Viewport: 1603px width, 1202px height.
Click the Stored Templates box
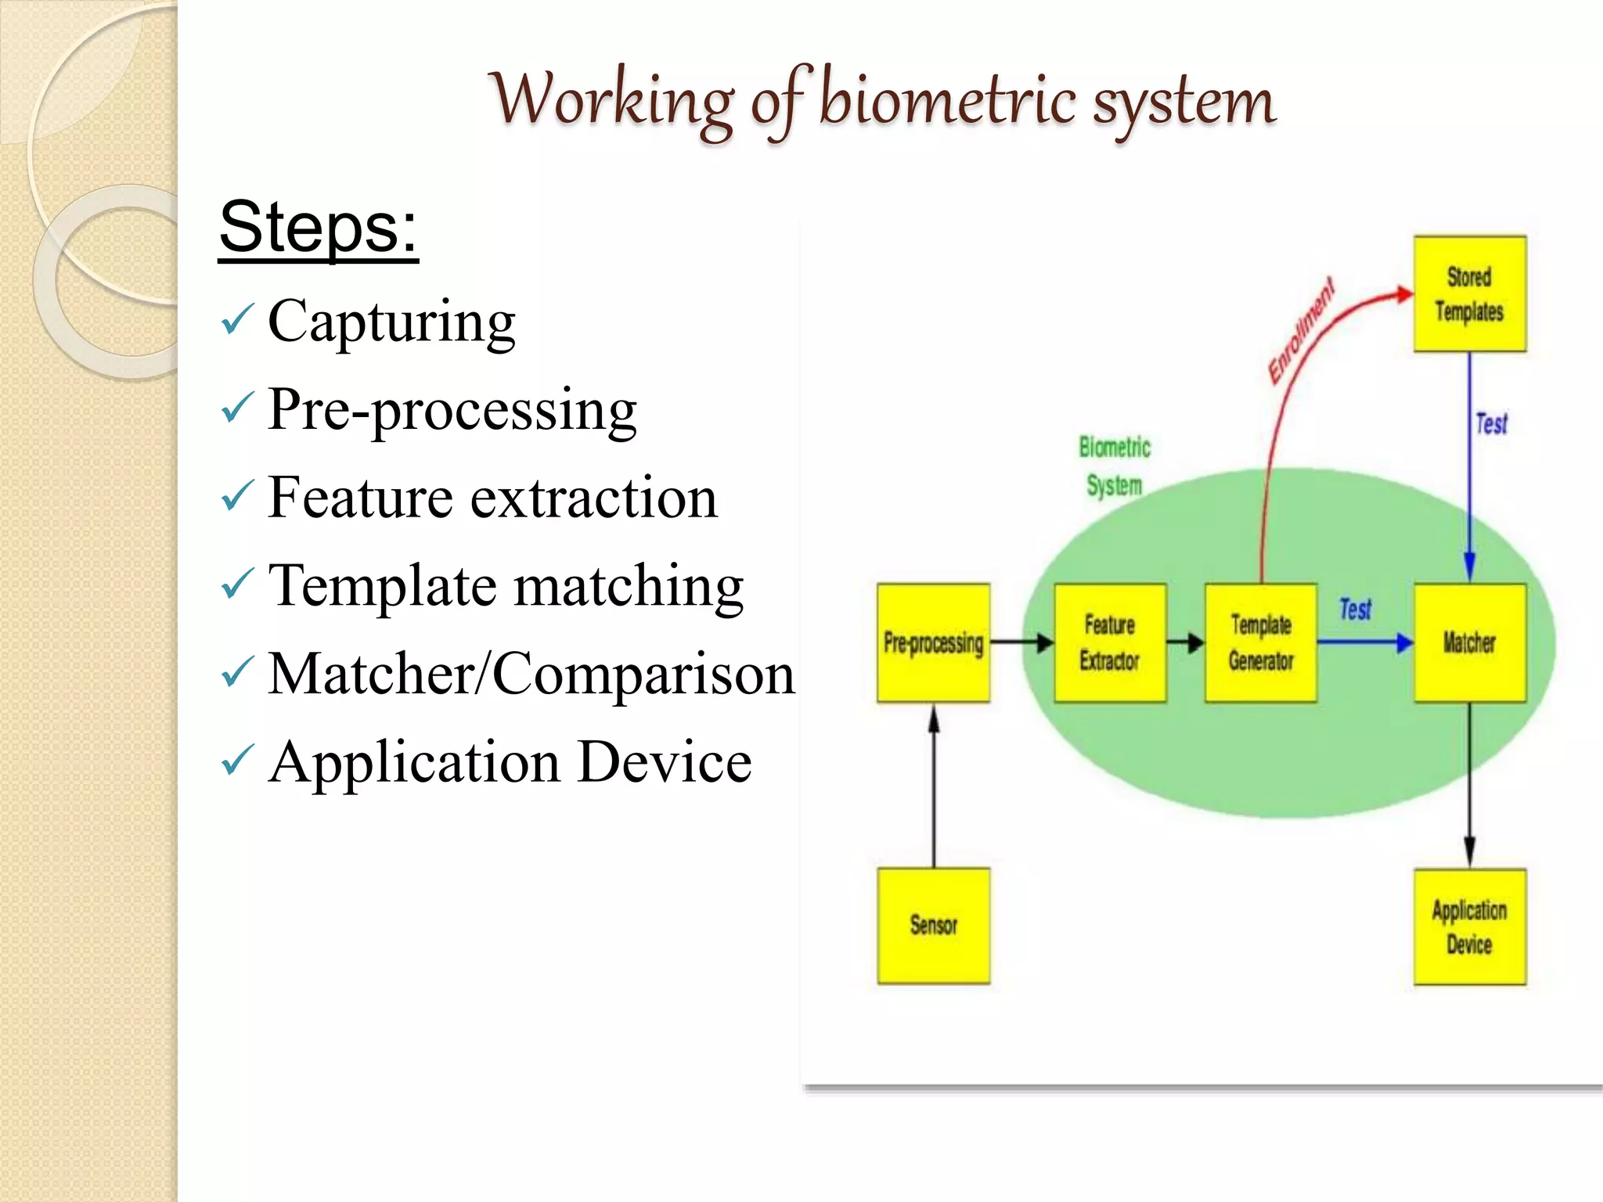(x=1469, y=293)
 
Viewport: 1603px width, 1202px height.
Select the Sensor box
(x=933, y=925)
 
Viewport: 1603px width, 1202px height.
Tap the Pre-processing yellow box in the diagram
(x=933, y=642)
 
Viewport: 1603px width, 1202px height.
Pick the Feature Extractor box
(x=1109, y=642)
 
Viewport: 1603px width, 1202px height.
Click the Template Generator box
(x=1260, y=642)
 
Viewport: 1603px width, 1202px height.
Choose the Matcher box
(x=1469, y=642)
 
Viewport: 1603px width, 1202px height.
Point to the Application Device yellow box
(x=1469, y=927)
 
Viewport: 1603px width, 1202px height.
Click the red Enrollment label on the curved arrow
(x=1300, y=331)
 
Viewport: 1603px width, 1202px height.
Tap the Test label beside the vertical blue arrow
(x=1491, y=424)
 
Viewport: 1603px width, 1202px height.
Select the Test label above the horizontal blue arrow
(x=1355, y=609)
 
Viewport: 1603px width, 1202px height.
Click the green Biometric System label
(x=1114, y=466)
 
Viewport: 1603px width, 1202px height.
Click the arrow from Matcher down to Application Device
(x=1469, y=783)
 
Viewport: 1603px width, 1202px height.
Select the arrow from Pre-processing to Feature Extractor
(x=1021, y=643)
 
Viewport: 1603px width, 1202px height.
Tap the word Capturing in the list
(x=391, y=322)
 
